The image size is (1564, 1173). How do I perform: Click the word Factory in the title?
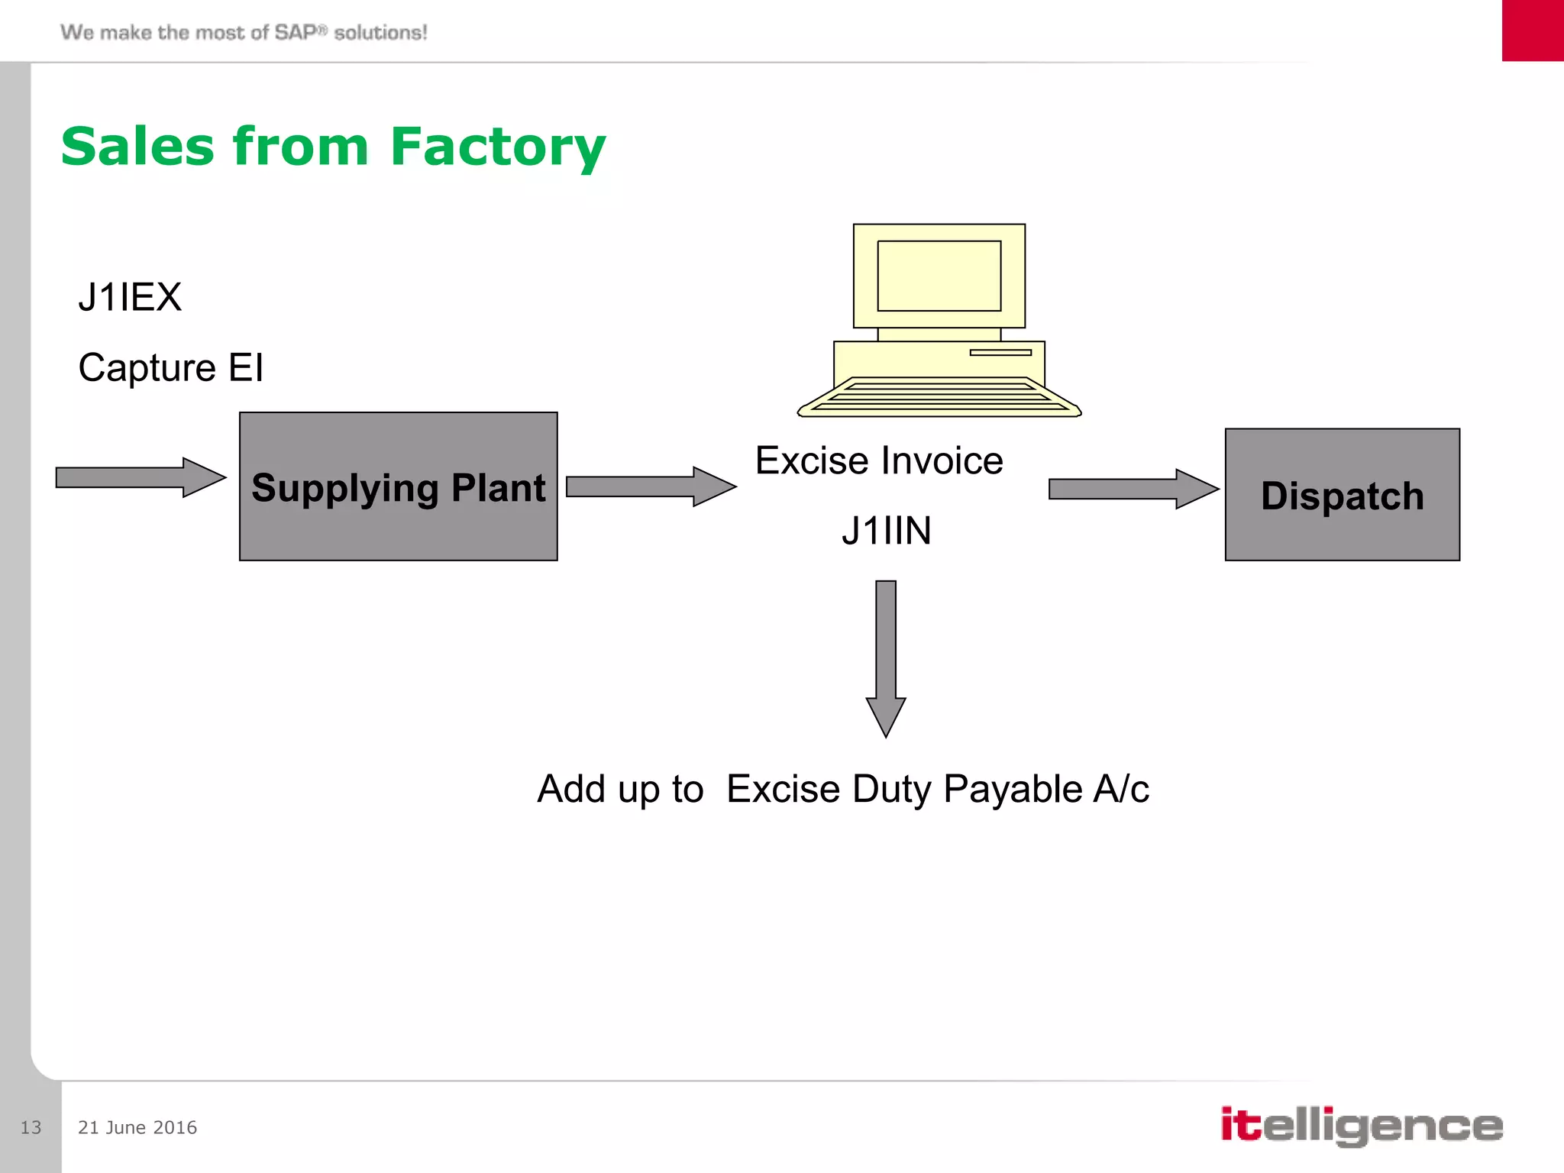(x=497, y=147)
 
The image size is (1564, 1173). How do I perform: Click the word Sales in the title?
(x=137, y=147)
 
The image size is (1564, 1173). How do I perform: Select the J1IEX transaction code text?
(x=130, y=297)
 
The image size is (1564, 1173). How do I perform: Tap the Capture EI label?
(x=171, y=367)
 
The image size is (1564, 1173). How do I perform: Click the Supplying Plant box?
(x=398, y=487)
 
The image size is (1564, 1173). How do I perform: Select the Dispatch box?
(x=1342, y=495)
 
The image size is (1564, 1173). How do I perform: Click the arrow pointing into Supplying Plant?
(x=141, y=478)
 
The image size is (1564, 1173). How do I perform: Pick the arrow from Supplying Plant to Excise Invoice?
(x=651, y=486)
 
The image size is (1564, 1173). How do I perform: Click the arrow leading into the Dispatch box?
(x=1133, y=489)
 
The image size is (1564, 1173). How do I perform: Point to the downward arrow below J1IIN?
(x=886, y=657)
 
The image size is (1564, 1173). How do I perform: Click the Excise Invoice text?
(x=879, y=460)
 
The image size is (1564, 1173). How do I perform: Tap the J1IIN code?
(x=886, y=531)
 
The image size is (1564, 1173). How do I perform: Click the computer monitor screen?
(x=939, y=276)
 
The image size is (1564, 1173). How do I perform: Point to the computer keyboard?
(x=939, y=396)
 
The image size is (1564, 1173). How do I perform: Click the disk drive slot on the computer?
(x=1000, y=353)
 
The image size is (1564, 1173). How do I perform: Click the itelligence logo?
(x=1361, y=1126)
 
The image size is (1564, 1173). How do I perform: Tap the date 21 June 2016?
(x=137, y=1127)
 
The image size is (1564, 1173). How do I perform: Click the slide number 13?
(x=31, y=1127)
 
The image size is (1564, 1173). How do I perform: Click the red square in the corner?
(x=1533, y=31)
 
